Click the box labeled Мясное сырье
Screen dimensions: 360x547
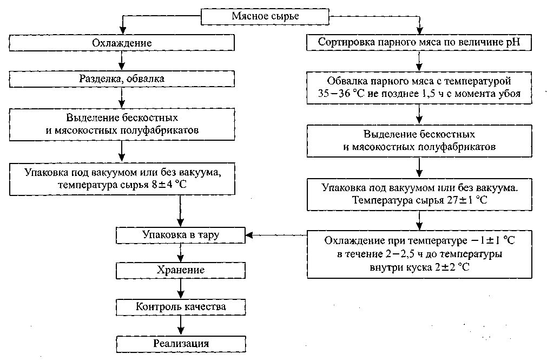(x=265, y=16)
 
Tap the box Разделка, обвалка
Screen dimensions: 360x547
(x=121, y=79)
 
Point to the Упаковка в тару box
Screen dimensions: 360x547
(x=182, y=234)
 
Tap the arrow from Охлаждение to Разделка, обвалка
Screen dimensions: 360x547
(x=122, y=61)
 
